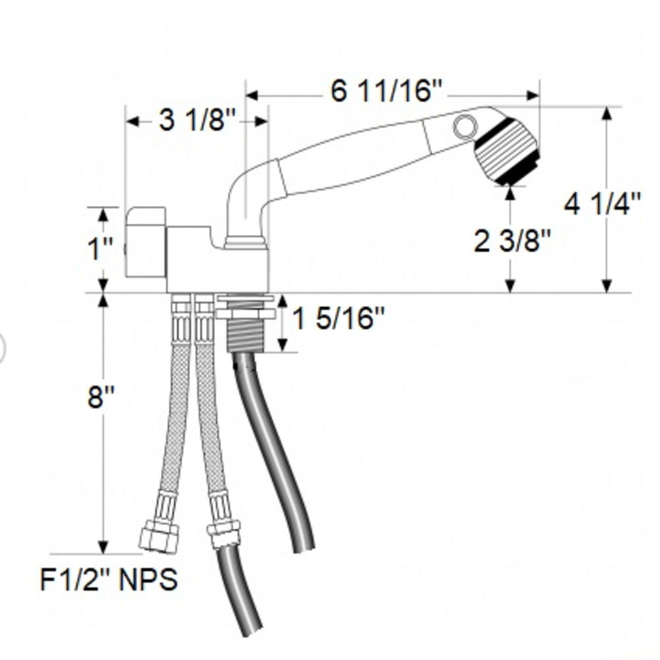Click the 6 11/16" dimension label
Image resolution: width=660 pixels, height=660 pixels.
coord(386,91)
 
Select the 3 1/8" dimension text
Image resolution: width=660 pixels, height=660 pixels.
coord(197,121)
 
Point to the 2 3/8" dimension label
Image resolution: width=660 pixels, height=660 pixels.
coord(512,242)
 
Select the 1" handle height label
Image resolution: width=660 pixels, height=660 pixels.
coord(101,250)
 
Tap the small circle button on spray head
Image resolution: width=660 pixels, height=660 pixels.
coord(465,125)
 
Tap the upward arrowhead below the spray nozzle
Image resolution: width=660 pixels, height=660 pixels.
coord(510,192)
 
